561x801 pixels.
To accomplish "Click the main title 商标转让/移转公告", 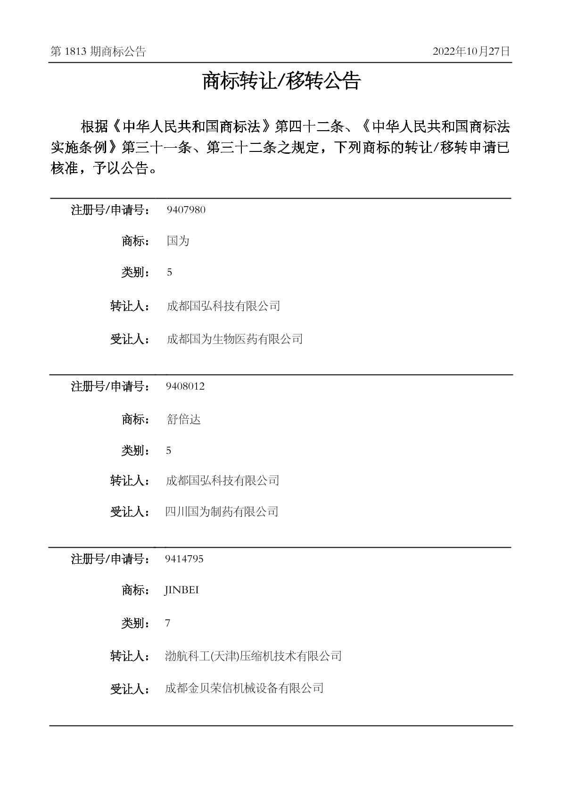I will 281,81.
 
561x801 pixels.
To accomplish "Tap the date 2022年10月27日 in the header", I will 471,51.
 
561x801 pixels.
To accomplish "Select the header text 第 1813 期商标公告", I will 98,52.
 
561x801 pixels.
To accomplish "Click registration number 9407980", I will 186,210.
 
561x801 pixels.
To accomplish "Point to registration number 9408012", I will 185,386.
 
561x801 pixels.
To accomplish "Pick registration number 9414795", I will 184,559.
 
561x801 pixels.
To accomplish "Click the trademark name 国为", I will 178,241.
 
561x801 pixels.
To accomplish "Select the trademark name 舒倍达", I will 183,419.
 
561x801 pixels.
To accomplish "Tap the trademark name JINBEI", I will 181,590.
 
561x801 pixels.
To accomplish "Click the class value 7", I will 168,623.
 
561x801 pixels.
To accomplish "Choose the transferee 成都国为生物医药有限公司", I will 234,339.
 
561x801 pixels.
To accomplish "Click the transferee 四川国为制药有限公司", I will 222,511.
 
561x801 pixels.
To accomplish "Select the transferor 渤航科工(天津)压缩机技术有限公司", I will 253,656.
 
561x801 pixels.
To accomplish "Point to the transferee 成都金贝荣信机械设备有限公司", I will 244,688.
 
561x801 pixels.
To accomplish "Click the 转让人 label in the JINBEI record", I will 130,656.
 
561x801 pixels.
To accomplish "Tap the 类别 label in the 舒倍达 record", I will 135,451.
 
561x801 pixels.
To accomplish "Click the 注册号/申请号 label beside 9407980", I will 110,210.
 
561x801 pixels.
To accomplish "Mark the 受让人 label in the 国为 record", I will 130,339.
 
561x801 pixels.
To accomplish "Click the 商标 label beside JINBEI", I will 135,590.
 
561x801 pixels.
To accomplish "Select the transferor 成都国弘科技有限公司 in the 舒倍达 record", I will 223,481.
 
